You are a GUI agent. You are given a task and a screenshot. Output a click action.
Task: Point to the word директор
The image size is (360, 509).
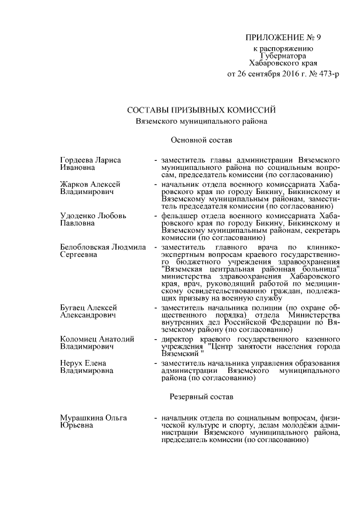point(178,340)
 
